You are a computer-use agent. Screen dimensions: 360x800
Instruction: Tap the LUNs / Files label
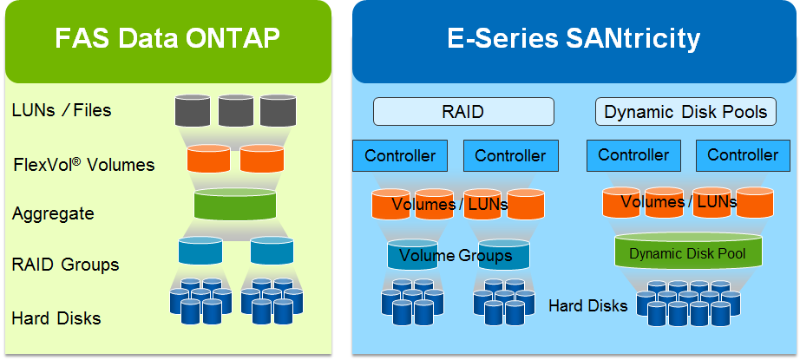tap(62, 110)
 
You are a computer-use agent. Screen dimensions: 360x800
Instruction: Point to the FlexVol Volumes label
tap(84, 164)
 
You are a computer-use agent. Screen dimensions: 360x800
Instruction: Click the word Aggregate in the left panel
tap(53, 213)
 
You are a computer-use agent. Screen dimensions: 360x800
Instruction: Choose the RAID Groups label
tap(65, 265)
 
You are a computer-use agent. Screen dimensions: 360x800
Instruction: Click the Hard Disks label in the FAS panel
tap(56, 318)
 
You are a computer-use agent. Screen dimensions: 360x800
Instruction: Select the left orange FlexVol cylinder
tap(209, 159)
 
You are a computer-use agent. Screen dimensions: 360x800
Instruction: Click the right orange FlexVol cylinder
tap(261, 159)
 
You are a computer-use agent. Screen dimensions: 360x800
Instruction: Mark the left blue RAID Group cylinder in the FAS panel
tap(200, 251)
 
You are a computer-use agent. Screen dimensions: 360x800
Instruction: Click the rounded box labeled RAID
tap(463, 112)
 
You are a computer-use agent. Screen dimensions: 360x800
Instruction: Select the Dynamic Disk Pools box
tap(685, 112)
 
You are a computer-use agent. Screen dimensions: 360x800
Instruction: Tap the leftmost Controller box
tap(400, 156)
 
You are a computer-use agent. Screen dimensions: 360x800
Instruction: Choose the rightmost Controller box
tap(743, 155)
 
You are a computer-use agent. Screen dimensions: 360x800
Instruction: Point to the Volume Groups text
tap(461, 256)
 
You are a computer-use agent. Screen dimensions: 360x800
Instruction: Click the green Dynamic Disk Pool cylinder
tap(688, 252)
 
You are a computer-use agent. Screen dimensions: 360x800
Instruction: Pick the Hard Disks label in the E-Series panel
tap(588, 305)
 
